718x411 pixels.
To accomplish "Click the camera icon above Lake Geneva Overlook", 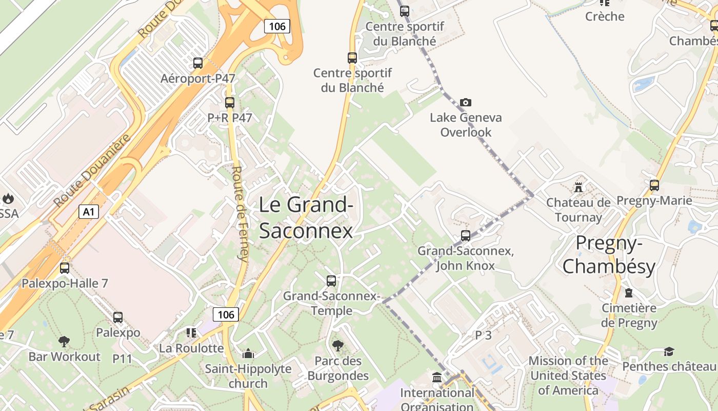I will point(465,103).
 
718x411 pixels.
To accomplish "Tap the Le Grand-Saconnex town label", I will point(306,218).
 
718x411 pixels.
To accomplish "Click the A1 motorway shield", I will point(89,211).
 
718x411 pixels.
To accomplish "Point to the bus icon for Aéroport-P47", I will point(198,63).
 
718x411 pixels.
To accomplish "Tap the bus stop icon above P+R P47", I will point(230,102).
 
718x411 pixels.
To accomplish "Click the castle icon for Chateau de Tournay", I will point(579,188).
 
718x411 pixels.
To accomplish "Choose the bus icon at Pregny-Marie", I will point(654,185).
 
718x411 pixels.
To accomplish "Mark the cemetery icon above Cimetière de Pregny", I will point(629,293).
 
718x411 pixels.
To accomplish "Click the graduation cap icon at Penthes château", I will point(669,352).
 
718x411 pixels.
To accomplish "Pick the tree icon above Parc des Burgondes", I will point(337,346).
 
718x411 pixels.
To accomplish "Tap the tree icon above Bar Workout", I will point(64,342).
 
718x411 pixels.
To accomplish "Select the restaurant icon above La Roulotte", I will point(191,333).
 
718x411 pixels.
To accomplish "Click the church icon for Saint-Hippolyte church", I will point(248,353).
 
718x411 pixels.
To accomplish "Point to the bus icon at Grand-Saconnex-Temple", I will point(331,281).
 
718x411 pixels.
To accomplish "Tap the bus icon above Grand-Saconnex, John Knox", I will point(466,236).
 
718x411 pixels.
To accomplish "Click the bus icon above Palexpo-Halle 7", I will point(65,268).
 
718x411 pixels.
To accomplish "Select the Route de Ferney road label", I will point(240,214).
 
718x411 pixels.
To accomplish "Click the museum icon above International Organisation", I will point(437,378).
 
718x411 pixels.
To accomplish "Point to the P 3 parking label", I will point(483,335).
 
